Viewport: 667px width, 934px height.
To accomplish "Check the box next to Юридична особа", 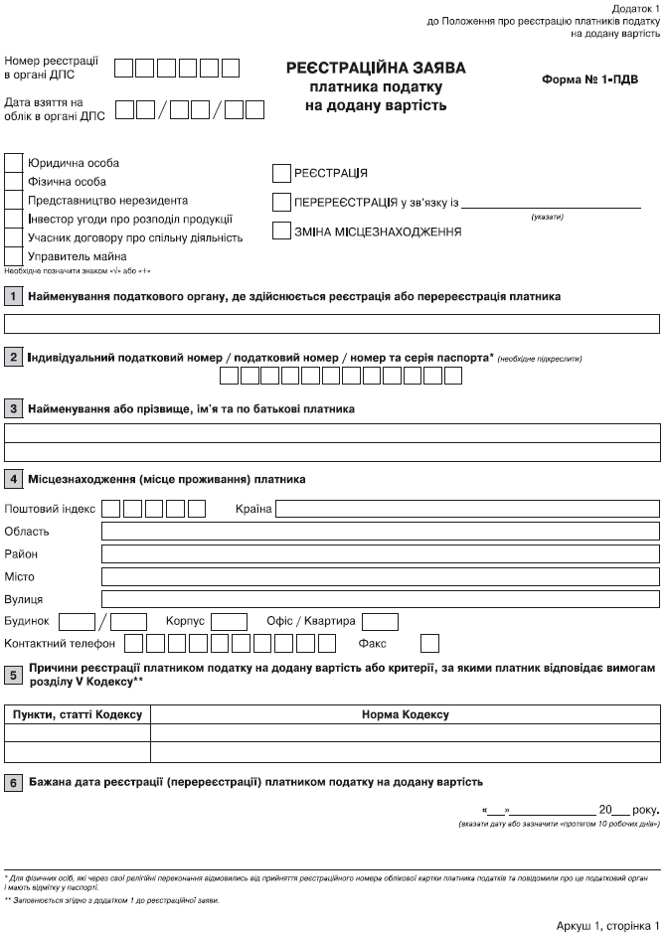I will (14, 163).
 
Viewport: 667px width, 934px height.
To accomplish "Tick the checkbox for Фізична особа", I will (14, 182).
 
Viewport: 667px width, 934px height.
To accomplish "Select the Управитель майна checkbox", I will (14, 256).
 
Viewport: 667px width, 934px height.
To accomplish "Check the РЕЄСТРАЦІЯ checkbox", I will (280, 173).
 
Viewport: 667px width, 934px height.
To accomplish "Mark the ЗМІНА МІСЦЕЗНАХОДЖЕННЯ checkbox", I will (280, 232).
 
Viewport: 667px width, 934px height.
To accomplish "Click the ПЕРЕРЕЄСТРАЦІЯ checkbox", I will (280, 203).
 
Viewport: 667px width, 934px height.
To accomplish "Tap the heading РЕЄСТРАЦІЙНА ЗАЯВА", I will (376, 69).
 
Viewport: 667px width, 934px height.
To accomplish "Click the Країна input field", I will (467, 510).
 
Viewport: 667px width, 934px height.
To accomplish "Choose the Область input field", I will (381, 532).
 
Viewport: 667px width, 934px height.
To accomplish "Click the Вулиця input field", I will (381, 599).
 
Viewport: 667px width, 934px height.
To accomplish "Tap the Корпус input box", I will (230, 622).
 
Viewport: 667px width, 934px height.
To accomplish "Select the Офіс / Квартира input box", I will (380, 622).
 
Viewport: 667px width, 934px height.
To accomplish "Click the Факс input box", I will (429, 644).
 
